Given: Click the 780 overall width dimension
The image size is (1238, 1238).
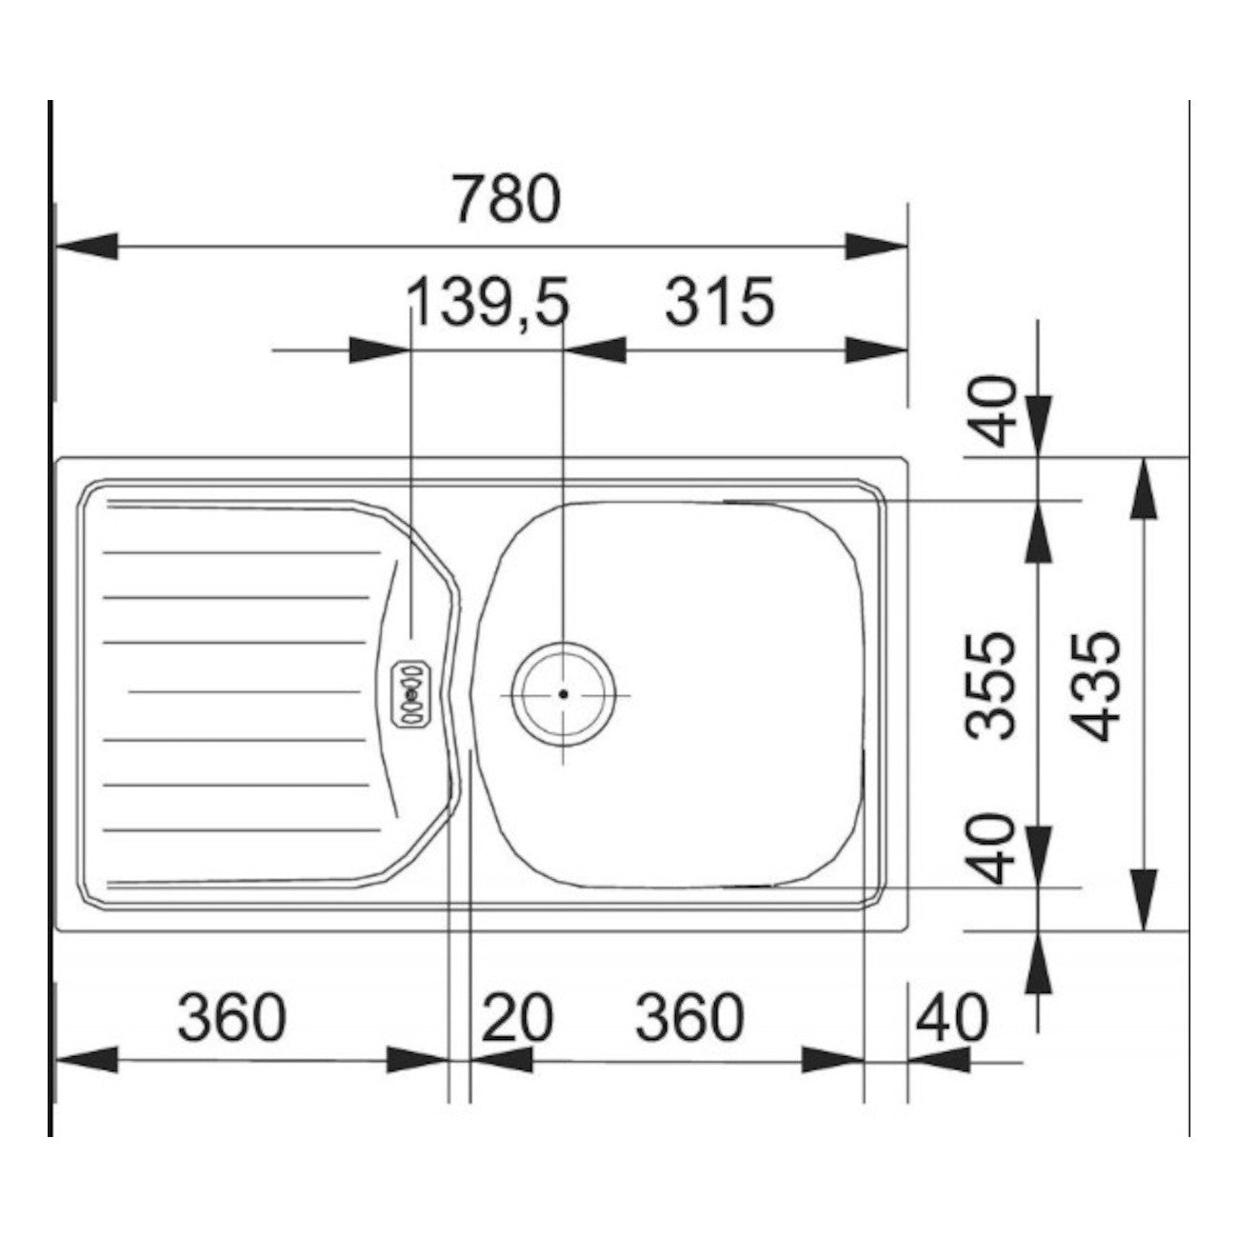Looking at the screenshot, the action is [507, 198].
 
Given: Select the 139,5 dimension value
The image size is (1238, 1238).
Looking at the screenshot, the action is [488, 301].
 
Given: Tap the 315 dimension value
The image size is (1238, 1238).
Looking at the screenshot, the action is [720, 301].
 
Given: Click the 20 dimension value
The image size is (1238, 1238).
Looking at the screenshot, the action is [516, 1019].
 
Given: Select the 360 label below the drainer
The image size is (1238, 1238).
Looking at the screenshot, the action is [231, 1019].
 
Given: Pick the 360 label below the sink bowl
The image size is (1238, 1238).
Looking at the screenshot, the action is [689, 1019].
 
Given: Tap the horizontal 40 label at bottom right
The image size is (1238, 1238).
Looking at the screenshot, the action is [952, 1019].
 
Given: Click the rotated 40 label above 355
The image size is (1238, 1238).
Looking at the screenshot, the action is [992, 411].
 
